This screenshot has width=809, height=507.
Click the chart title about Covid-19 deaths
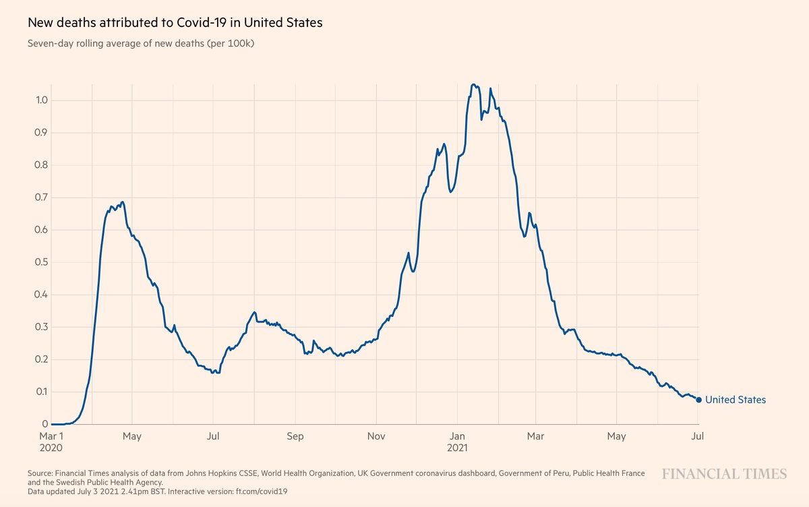175,22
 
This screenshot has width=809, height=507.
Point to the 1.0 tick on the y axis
40,100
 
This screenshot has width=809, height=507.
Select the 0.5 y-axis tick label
40,262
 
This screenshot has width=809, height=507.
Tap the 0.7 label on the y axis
40,198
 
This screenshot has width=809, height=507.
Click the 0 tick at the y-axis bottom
45,424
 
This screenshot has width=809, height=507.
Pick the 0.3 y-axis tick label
40,327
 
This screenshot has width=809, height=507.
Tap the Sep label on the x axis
295,436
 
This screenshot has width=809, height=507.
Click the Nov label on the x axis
376,436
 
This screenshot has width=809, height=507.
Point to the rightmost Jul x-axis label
698,436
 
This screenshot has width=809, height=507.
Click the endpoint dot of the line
698,400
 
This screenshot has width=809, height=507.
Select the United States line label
735,400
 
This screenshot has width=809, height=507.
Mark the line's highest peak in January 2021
473,84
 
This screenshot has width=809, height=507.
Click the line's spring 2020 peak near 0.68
122,202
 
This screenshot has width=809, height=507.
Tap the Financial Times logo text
723,474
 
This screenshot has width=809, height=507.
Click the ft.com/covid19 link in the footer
260,491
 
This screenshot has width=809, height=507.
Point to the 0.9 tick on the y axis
40,133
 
